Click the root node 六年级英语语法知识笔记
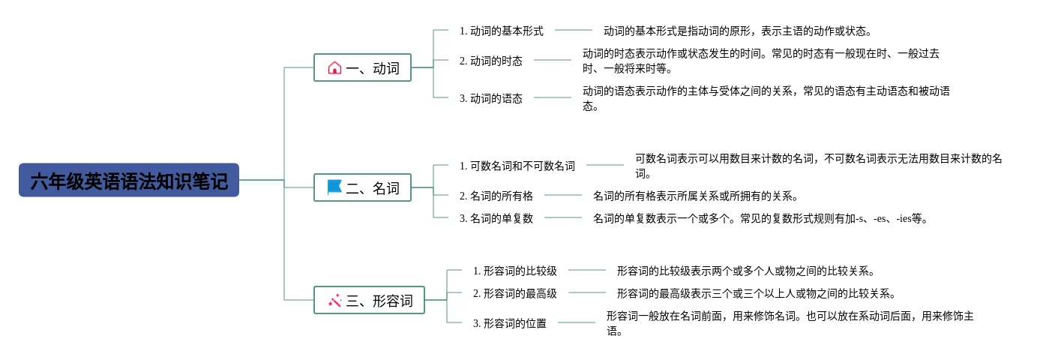129,180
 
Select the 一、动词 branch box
362,67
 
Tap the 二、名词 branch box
362,187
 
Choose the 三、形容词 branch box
369,300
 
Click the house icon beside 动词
334,67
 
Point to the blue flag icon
334,187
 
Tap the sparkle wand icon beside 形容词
334,300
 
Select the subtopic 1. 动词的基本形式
501,31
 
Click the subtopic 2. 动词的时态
491,61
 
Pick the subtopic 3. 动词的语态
491,98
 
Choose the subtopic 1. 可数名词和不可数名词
517,166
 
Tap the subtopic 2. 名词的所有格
496,196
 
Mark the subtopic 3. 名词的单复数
496,218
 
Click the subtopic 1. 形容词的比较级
515,271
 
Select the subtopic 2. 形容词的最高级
515,293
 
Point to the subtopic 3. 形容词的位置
510,323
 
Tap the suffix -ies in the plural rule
904,218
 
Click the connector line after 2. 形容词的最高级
587,292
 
